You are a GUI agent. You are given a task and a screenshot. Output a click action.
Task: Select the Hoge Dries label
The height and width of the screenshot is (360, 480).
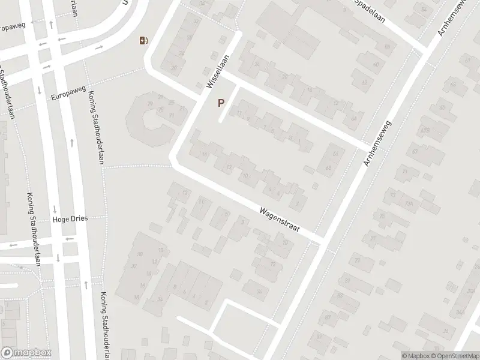coord(70,219)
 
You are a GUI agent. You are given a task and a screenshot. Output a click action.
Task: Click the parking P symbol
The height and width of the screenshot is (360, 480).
coord(221,103)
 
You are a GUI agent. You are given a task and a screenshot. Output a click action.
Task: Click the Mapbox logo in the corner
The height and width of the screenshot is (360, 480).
coord(26,353)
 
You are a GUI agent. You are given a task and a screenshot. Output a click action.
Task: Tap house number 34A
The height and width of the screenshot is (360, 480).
coord(460,312)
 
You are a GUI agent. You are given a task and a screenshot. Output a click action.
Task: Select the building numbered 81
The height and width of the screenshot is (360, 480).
coord(347,280)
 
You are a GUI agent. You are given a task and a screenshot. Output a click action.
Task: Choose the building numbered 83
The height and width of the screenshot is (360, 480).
coord(340,295)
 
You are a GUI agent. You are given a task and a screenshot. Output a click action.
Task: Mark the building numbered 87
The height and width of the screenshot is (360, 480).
coord(328,317)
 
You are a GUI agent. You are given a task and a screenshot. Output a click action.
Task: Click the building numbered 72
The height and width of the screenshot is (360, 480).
coord(274,264)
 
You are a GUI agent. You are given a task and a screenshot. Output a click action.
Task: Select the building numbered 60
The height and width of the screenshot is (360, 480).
coord(376,65)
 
